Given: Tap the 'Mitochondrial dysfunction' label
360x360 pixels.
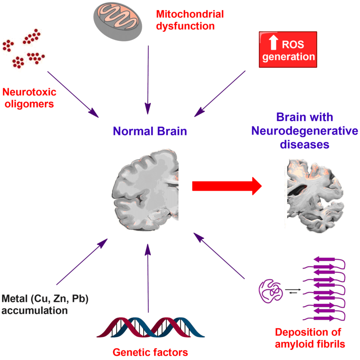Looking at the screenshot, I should click(x=189, y=20).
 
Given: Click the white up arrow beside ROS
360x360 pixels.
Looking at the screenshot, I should click(x=274, y=43).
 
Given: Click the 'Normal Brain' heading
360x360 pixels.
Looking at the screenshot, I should click(x=150, y=131).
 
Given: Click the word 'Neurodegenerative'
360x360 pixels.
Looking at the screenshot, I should click(x=305, y=131).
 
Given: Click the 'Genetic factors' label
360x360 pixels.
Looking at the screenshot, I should click(x=150, y=352).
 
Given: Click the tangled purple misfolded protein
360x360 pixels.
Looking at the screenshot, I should click(x=271, y=292).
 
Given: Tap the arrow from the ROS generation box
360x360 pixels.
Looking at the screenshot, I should click(x=220, y=93).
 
